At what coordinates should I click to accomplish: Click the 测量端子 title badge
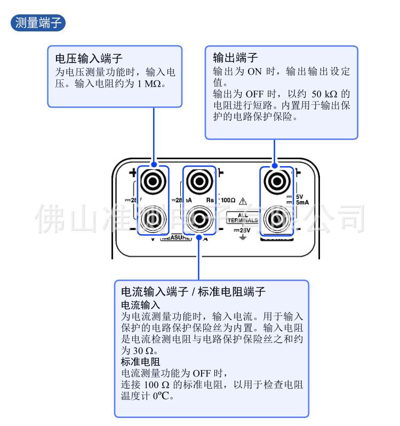click(37, 23)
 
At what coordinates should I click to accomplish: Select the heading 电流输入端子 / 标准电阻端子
click(194, 292)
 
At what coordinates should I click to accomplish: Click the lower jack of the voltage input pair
click(153, 217)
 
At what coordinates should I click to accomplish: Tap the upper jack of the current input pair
click(199, 182)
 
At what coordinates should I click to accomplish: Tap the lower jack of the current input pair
click(199, 217)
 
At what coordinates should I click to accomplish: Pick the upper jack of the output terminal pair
click(277, 182)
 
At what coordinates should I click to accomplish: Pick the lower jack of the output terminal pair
click(277, 217)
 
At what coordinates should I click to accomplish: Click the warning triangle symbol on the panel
click(243, 200)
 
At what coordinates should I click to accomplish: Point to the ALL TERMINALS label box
click(243, 218)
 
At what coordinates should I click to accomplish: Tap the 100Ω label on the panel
click(228, 200)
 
